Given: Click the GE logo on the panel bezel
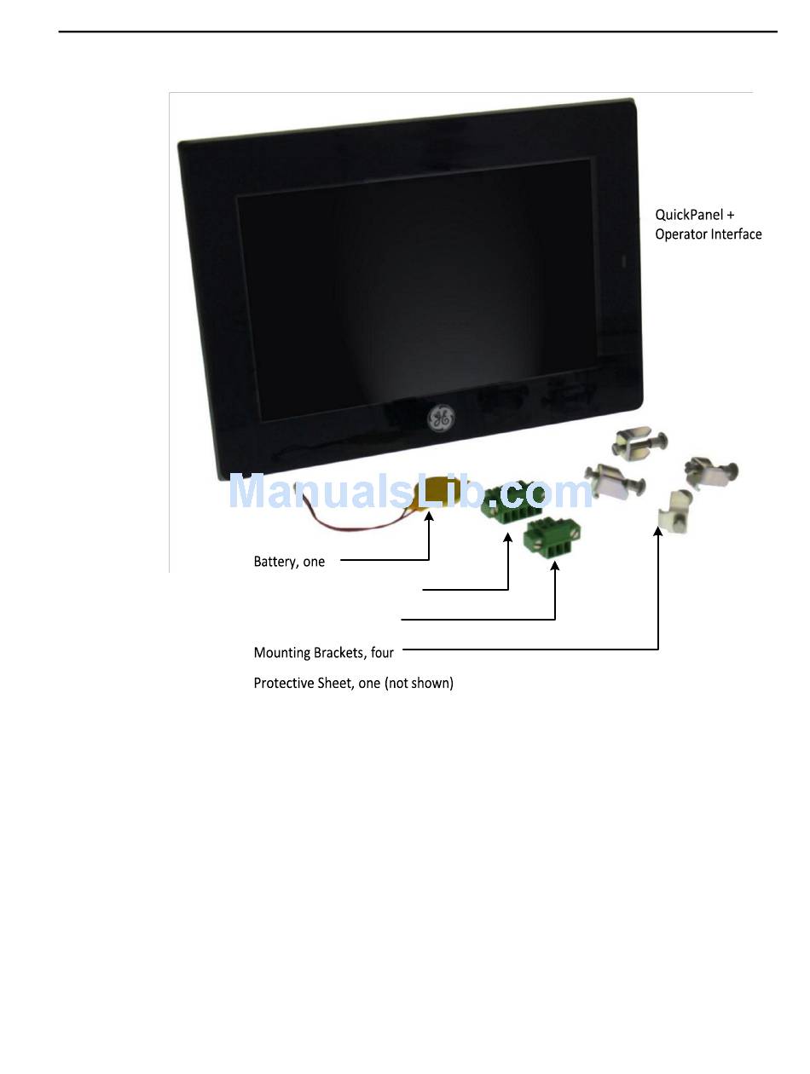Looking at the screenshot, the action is (440, 418).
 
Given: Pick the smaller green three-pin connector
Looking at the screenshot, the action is (546, 540).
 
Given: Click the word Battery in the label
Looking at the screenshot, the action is (275, 562).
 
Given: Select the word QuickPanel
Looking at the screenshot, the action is (689, 216).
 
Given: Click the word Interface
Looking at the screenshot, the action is (738, 234).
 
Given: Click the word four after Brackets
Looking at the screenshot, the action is (382, 653).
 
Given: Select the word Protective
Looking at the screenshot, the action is (283, 683).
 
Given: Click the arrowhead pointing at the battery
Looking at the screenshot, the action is (429, 518).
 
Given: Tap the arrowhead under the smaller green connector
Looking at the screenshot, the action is (555, 566).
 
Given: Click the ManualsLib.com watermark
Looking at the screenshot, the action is (409, 493).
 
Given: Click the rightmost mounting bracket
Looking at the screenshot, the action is (713, 471).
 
